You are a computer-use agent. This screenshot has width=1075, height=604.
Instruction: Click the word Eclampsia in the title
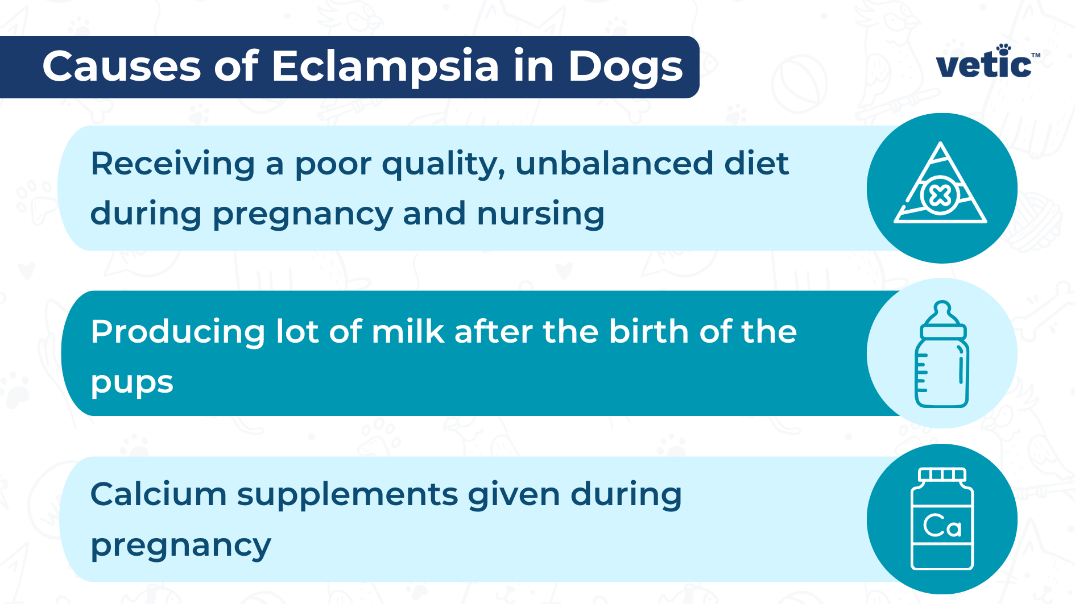click(385, 66)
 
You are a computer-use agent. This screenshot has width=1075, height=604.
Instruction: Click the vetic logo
click(985, 63)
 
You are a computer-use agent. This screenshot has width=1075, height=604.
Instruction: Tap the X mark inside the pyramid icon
click(940, 196)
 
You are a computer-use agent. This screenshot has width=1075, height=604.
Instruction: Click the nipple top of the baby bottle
click(942, 311)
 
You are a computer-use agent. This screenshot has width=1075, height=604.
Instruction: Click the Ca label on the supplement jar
click(942, 526)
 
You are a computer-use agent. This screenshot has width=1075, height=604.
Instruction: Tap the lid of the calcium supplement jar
click(942, 474)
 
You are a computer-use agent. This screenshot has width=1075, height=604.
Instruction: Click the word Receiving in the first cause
click(172, 164)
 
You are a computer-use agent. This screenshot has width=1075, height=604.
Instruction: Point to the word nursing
click(540, 214)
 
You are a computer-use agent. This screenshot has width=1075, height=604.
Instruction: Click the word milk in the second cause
click(407, 331)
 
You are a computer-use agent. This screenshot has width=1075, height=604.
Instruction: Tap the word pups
click(132, 382)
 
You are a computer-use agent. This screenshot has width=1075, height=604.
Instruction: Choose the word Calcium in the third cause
click(158, 494)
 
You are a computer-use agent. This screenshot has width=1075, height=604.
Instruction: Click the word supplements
click(347, 495)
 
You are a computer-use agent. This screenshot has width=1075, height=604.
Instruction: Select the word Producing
click(177, 331)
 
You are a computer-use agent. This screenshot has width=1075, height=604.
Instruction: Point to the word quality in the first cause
click(443, 165)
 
